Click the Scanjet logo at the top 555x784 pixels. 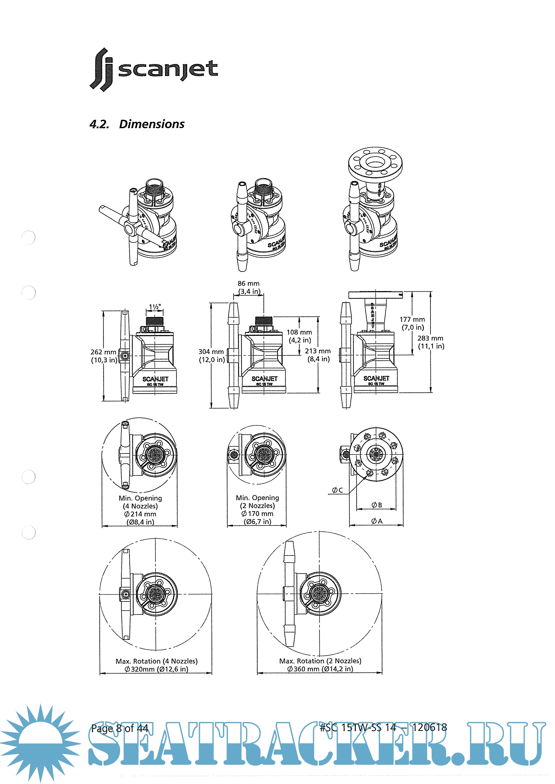click(x=154, y=70)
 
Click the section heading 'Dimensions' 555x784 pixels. click(x=152, y=124)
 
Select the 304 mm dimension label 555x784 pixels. click(x=211, y=352)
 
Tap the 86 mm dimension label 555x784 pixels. click(x=248, y=284)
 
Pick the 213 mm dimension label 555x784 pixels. click(x=318, y=351)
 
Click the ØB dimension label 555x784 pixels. click(x=377, y=505)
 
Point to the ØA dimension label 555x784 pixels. click(x=377, y=521)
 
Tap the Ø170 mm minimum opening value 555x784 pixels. click(x=257, y=514)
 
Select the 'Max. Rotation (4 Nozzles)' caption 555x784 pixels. click(x=156, y=661)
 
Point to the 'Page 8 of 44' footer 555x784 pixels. click(x=120, y=728)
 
